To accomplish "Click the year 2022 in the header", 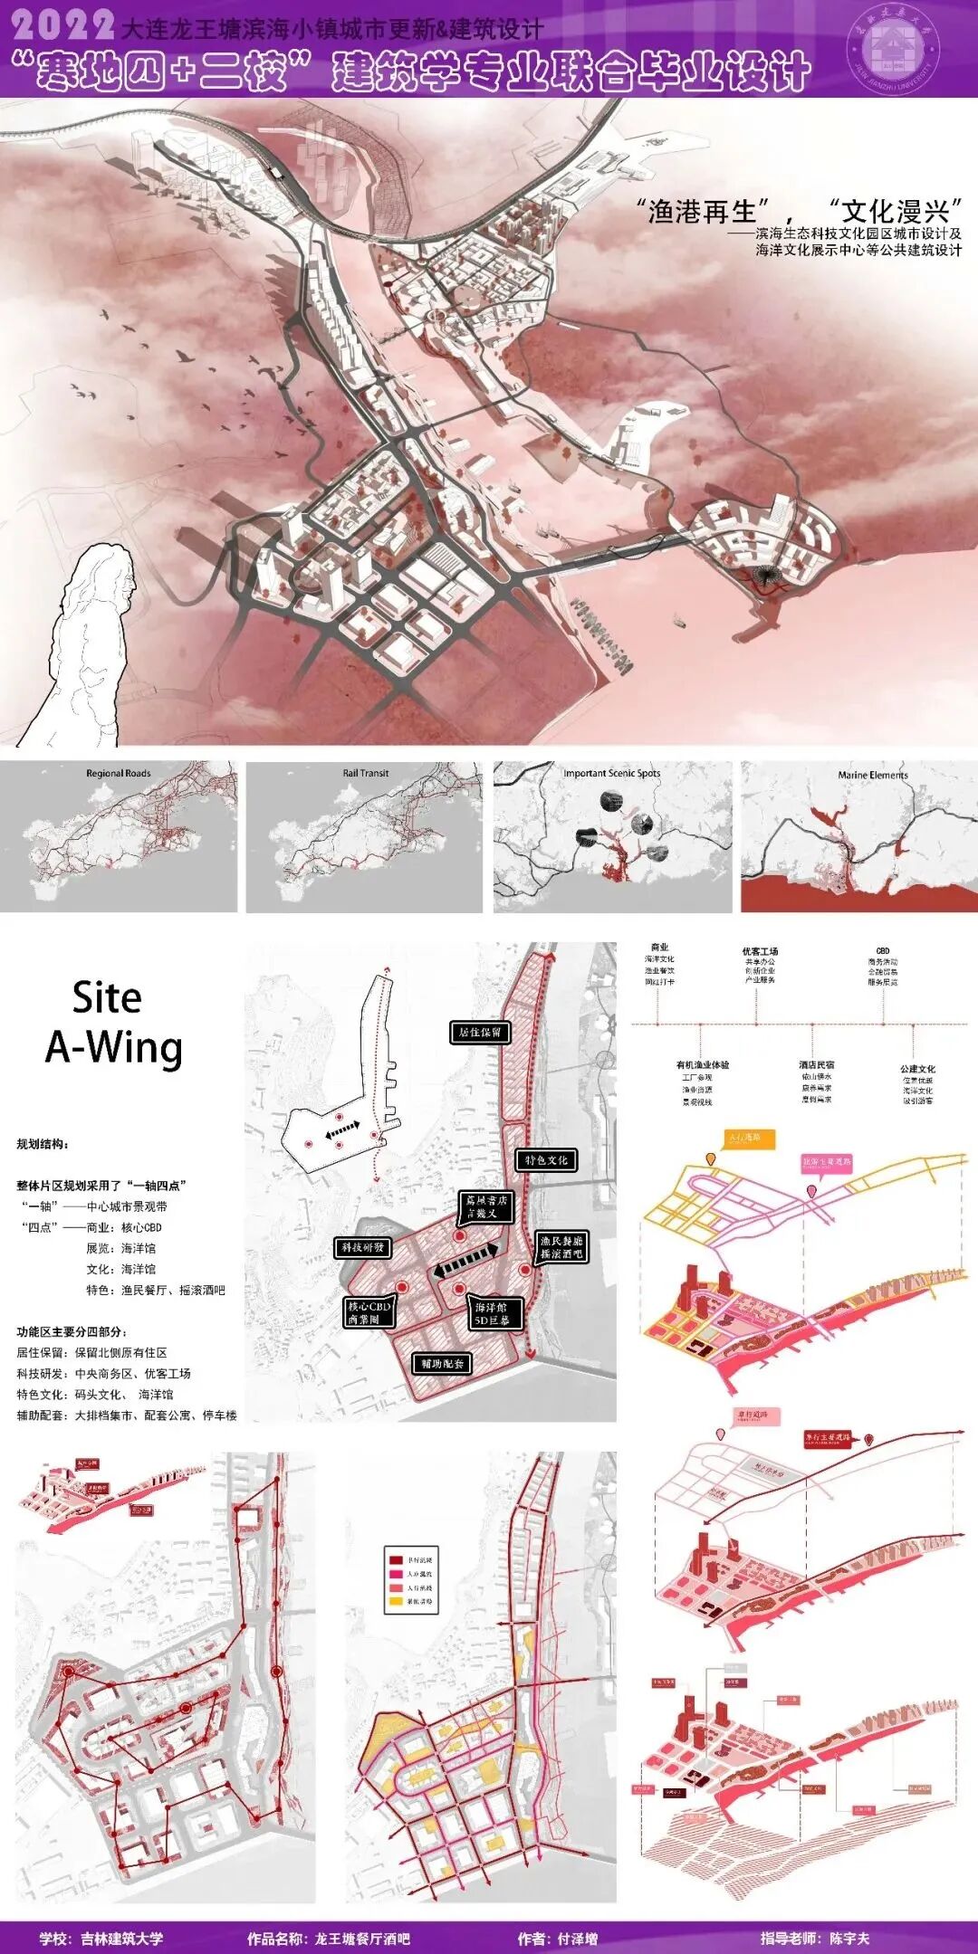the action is (x=62, y=24).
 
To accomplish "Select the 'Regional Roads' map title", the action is (x=119, y=773).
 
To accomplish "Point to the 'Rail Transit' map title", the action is (x=366, y=773).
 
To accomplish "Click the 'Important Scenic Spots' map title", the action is (x=612, y=773).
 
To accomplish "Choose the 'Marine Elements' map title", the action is (x=873, y=775).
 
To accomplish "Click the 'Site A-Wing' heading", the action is (x=112, y=1023).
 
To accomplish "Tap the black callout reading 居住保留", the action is (x=480, y=1032).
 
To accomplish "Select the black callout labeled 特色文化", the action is (x=546, y=1159).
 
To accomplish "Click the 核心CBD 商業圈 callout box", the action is (x=369, y=1312).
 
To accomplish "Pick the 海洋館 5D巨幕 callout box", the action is (x=493, y=1313).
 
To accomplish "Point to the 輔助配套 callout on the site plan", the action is (x=442, y=1363).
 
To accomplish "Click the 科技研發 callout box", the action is (x=362, y=1247).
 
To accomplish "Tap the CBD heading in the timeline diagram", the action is (x=883, y=951).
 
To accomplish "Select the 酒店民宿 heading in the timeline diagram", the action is (x=816, y=1065).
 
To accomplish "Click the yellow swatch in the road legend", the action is (x=396, y=1602).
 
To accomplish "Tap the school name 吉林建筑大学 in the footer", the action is (x=122, y=1938).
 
